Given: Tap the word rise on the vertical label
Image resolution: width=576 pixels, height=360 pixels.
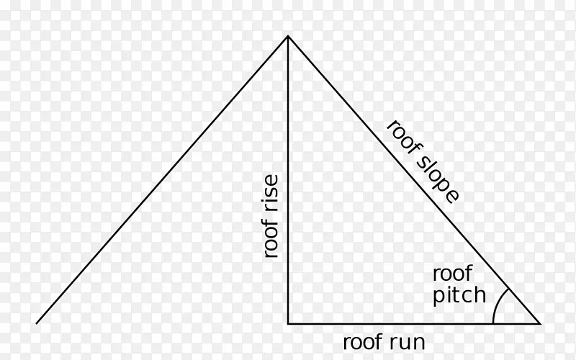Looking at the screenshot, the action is (x=271, y=192).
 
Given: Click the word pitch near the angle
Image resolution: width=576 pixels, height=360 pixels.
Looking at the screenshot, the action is (x=459, y=296).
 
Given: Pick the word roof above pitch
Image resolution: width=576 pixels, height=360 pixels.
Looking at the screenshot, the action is (x=453, y=274).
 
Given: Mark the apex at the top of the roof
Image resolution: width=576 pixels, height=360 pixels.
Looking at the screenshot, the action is (x=288, y=36).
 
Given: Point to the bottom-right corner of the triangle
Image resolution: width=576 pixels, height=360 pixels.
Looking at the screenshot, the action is (x=540, y=323).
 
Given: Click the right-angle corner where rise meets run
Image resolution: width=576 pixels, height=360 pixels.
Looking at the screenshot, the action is (x=288, y=323).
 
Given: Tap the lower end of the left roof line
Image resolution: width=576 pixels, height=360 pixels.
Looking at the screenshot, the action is (x=37, y=323).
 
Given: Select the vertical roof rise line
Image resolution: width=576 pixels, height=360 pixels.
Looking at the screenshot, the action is (x=288, y=180).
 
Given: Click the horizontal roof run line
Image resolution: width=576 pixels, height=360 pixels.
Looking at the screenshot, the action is (x=414, y=323).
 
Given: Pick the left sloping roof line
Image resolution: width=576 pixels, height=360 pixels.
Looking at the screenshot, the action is (x=162, y=180).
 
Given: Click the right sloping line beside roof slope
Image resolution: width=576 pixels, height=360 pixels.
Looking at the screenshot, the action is (x=414, y=180).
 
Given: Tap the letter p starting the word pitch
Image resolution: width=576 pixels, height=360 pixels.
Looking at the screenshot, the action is (x=438, y=297).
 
